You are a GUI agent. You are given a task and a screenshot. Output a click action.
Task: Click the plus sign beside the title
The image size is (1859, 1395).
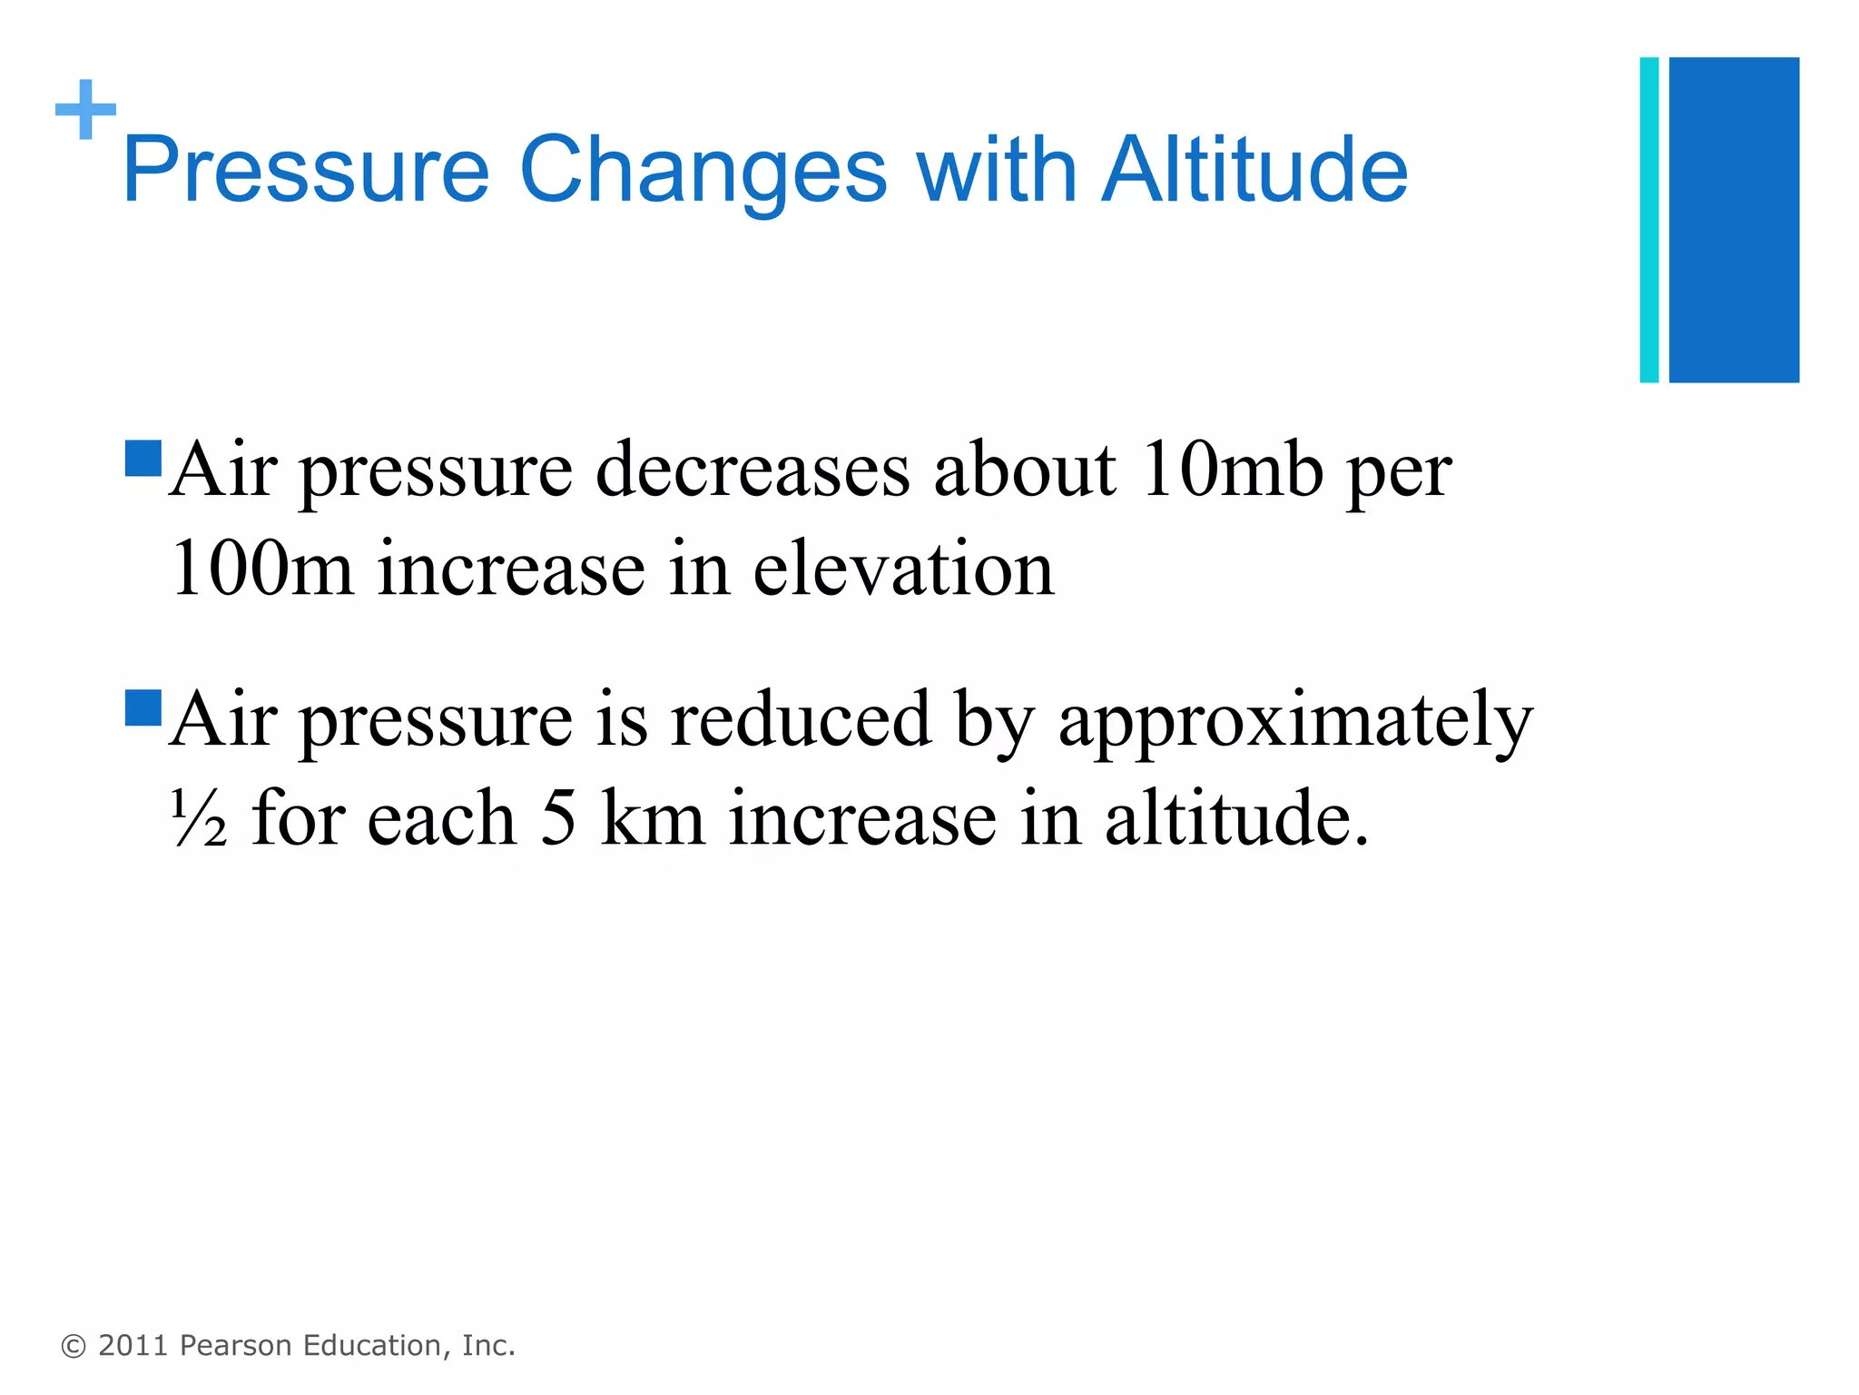pos(86,110)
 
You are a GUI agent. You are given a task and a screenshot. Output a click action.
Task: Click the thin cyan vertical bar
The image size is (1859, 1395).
pos(1649,220)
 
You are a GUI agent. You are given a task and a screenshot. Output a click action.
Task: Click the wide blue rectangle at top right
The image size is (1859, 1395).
pos(1734,220)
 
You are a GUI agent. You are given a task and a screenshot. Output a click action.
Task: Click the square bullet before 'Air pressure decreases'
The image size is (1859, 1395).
pos(143,459)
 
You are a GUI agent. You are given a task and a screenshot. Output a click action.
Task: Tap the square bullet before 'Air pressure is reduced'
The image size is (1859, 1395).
pos(143,707)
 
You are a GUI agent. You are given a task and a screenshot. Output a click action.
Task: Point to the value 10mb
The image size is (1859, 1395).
pos(1232,470)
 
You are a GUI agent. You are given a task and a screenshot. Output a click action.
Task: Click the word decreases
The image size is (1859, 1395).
pos(752,470)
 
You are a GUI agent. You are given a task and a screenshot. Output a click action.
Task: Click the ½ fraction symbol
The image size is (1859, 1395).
pos(199,818)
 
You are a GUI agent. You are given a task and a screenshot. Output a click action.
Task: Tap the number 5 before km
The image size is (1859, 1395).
pos(558,818)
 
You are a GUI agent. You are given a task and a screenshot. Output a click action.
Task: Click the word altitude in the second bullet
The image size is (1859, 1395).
pos(1235,818)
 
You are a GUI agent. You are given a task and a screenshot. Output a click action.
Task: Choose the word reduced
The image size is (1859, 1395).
pos(801,719)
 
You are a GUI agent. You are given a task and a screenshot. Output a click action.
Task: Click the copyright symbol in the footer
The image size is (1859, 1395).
pos(74,1346)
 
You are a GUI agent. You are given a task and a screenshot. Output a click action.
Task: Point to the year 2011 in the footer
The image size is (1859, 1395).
pos(133,1345)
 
